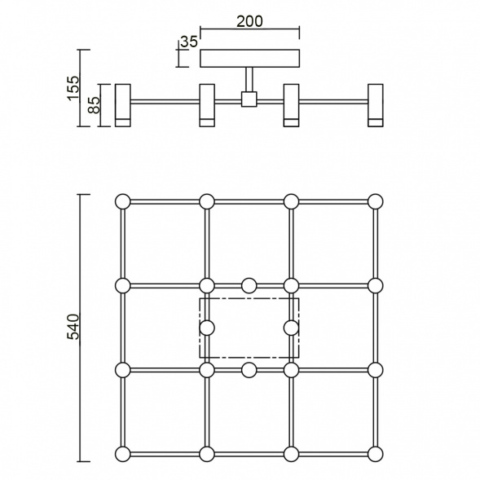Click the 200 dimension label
tap(249, 22)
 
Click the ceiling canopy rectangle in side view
tap(249, 59)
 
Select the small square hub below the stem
tap(249, 99)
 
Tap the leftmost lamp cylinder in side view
tap(123, 104)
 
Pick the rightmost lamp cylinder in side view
tap(375, 104)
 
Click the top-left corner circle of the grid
tap(123, 201)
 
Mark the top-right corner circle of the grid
tap(375, 201)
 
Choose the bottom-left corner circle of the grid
tap(123, 454)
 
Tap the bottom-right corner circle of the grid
tap(375, 454)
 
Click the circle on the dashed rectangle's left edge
tap(207, 328)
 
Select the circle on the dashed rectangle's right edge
tap(292, 328)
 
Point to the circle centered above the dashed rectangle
tap(249, 285)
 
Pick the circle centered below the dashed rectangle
tap(249, 370)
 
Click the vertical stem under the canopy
tap(249, 80)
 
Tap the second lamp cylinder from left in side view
tap(207, 104)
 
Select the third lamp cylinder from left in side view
tap(292, 104)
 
